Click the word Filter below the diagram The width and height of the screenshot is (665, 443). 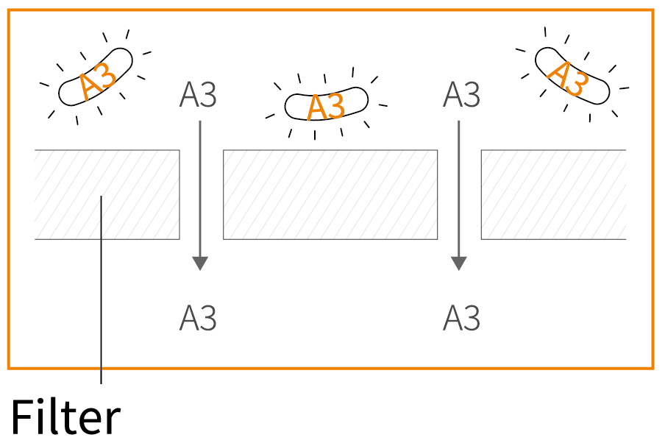[x=65, y=417]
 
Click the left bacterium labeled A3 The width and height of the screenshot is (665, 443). [x=96, y=77]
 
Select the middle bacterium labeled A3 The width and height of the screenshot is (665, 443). [x=326, y=104]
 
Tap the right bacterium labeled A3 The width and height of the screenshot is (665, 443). [x=572, y=76]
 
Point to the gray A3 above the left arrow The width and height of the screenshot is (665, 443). [x=198, y=95]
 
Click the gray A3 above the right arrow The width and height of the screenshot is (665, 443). [x=461, y=95]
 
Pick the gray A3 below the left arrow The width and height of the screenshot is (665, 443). [x=198, y=318]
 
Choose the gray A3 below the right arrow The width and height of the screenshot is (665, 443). [x=461, y=318]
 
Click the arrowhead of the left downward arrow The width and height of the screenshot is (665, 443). [x=200, y=263]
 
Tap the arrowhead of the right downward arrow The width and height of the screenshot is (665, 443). [x=458, y=263]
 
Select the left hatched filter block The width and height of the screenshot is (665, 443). [x=107, y=195]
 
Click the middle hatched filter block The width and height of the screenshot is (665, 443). [x=330, y=195]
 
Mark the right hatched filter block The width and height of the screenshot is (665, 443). [x=553, y=195]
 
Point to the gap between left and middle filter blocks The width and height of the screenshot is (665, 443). [x=202, y=195]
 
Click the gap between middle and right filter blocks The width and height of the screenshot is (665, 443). [x=459, y=195]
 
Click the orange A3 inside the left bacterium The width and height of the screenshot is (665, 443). [x=98, y=80]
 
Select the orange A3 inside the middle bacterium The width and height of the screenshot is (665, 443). [x=326, y=107]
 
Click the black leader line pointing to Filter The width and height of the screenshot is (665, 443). [x=101, y=289]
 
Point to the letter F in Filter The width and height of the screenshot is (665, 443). [x=21, y=417]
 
